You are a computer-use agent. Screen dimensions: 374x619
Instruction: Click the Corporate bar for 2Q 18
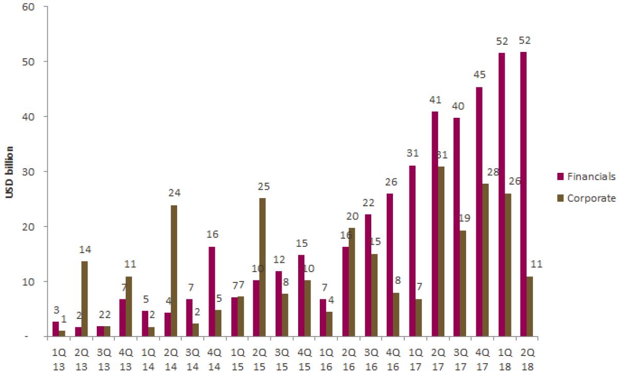(530, 306)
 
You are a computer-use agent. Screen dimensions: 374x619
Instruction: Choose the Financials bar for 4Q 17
(479, 211)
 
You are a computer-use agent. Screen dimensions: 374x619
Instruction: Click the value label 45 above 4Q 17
(479, 75)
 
